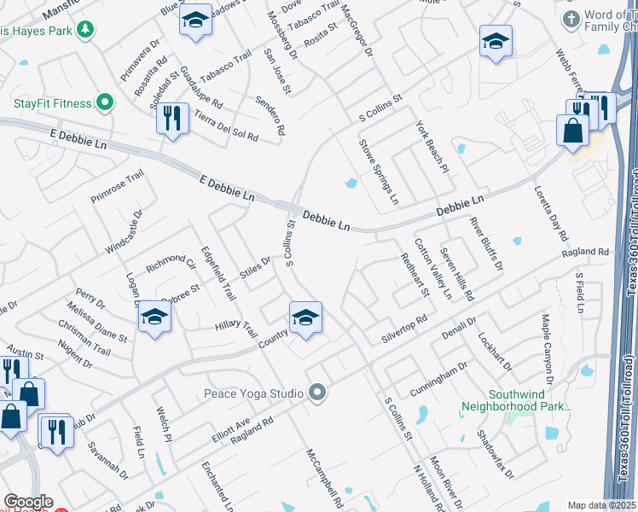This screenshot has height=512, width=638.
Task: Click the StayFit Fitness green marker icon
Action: (x=105, y=104)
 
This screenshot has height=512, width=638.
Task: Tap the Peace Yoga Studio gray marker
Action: (x=318, y=393)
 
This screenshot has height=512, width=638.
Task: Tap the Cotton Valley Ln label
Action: (x=434, y=266)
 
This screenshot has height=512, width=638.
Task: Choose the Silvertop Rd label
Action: (x=403, y=329)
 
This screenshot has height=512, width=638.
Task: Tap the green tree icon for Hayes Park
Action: (x=84, y=31)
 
